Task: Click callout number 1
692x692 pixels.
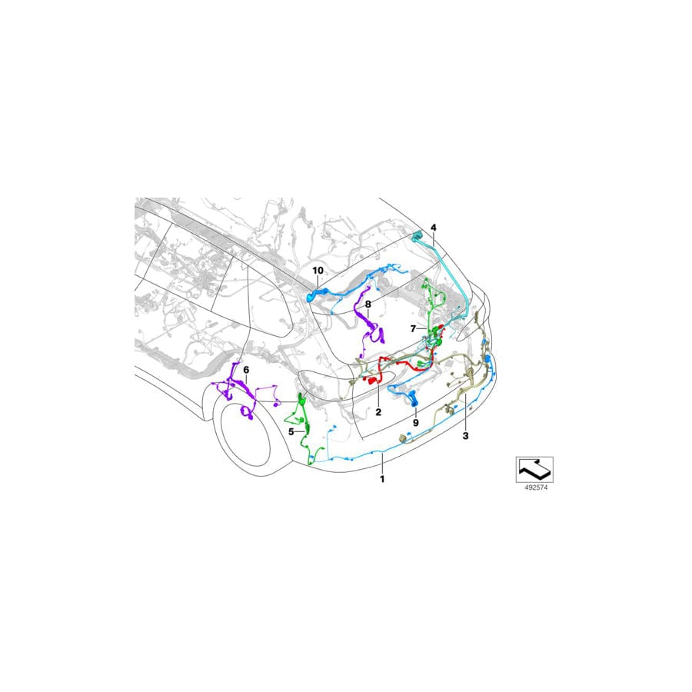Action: [x=382, y=479]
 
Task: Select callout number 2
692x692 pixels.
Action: [x=378, y=412]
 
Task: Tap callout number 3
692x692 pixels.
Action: [x=465, y=436]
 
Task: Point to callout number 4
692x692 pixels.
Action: [x=434, y=228]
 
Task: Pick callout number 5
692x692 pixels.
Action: [x=291, y=431]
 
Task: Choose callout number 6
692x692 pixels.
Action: [x=246, y=369]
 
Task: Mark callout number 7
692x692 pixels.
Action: [x=413, y=329]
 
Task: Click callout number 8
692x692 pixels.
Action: [x=368, y=304]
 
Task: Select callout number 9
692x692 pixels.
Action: [x=415, y=422]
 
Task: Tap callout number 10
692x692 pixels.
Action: [x=318, y=270]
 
